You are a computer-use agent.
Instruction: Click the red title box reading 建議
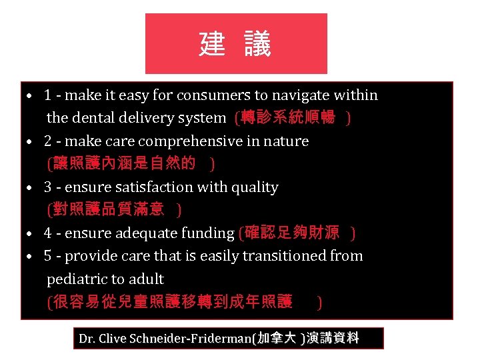pyautogui.click(x=236, y=43)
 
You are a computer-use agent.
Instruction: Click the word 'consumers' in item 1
pyautogui.click(x=211, y=95)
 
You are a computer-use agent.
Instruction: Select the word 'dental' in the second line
pyautogui.click(x=91, y=118)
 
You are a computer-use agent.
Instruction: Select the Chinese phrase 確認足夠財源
pyautogui.click(x=291, y=233)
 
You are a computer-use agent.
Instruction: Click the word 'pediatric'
pyautogui.click(x=75, y=279)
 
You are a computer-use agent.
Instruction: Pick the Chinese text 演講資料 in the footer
pyautogui.click(x=332, y=339)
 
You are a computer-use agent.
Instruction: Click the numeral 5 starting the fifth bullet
pyautogui.click(x=48, y=256)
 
